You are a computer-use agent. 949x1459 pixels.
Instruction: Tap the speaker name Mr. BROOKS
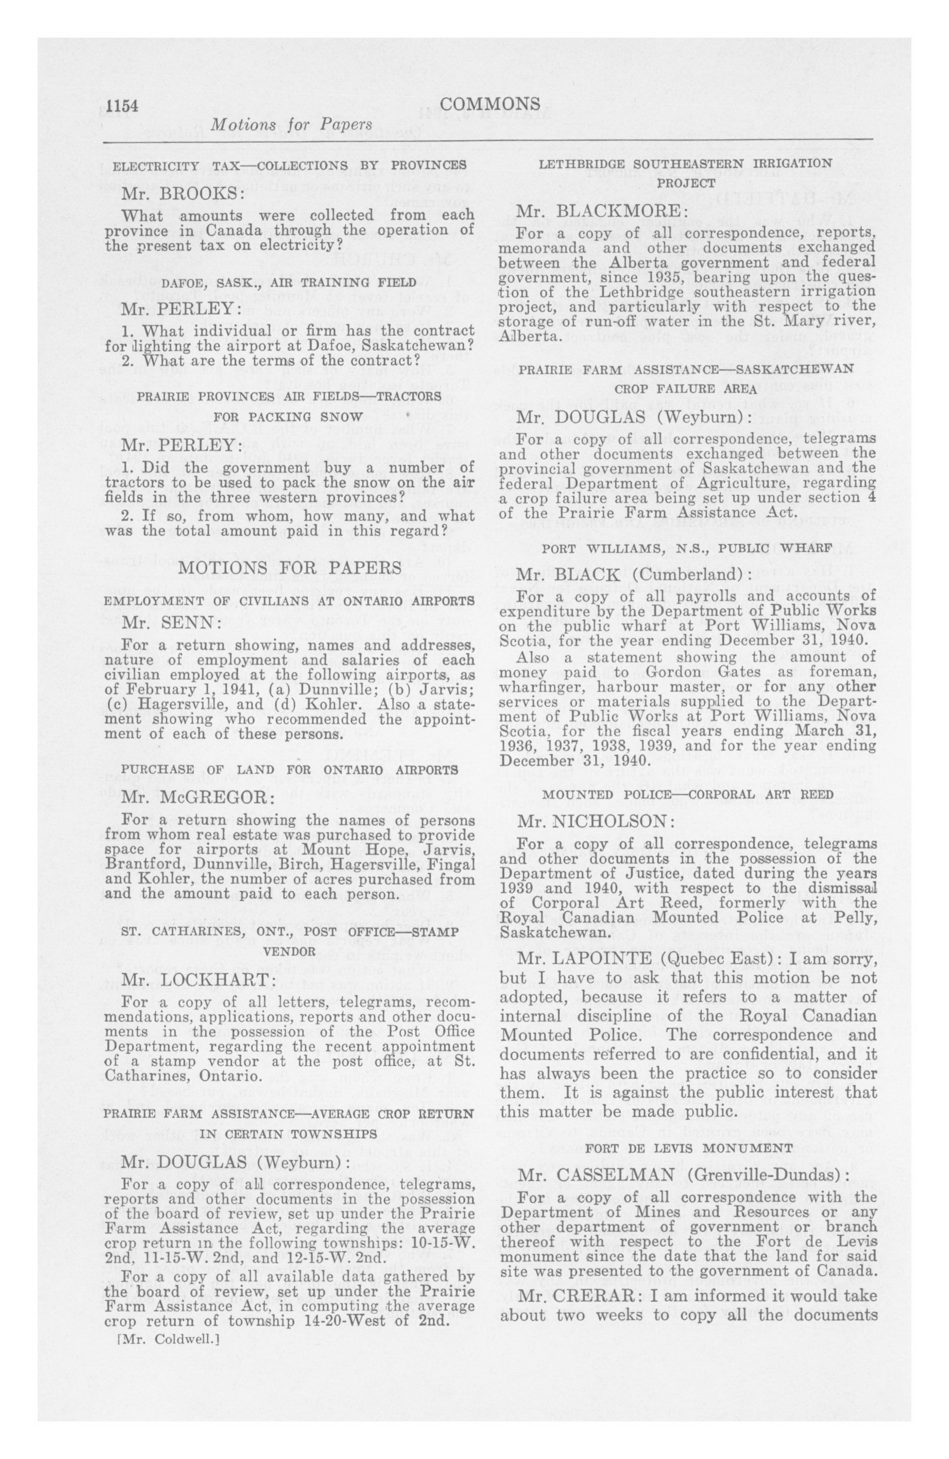174,193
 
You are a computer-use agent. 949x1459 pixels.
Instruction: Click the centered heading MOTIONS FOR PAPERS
289,567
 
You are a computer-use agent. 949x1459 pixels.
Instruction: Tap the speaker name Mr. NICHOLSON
595,821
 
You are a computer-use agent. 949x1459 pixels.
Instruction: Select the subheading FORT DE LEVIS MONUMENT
687,1147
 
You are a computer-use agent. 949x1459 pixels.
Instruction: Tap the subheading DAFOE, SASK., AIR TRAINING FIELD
288,282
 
